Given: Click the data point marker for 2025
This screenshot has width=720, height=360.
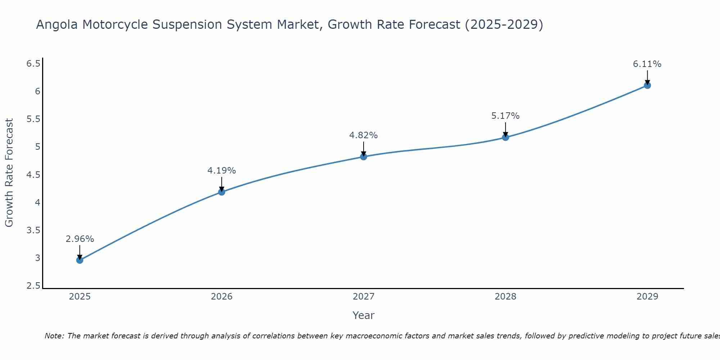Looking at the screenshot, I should (x=80, y=260).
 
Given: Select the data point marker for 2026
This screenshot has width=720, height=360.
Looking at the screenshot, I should (x=221, y=192).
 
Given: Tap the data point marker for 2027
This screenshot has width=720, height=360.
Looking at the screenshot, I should (x=363, y=157).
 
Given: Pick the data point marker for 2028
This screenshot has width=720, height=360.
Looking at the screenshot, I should (x=505, y=137).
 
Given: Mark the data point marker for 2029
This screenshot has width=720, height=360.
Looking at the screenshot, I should (x=647, y=85).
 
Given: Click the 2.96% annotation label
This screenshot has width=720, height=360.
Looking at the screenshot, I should (x=80, y=239).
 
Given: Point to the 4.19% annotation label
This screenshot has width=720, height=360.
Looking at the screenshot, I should (x=221, y=171).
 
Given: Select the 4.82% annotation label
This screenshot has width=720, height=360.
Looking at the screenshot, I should (x=363, y=135).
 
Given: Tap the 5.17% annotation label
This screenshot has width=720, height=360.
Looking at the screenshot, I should (x=505, y=116).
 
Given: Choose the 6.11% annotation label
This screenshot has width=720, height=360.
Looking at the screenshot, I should (x=647, y=64).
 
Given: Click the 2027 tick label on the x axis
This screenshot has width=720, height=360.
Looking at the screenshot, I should (x=363, y=297).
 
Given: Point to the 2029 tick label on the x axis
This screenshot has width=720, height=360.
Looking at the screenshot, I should (x=647, y=297).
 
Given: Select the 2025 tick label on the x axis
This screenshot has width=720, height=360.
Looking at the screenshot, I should (x=80, y=297).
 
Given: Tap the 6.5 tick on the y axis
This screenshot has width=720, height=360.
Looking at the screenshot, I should (x=33, y=64).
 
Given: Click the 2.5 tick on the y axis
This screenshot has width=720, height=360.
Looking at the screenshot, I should (x=33, y=286).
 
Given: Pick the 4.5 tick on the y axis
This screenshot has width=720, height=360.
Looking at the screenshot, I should (x=33, y=175).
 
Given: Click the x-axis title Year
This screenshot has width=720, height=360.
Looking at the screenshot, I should (x=363, y=315).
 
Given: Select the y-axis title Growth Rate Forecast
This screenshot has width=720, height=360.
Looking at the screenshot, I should (x=9, y=173).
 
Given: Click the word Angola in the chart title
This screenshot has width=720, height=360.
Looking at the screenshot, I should (x=57, y=25).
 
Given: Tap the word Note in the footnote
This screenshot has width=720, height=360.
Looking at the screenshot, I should (x=54, y=336).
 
